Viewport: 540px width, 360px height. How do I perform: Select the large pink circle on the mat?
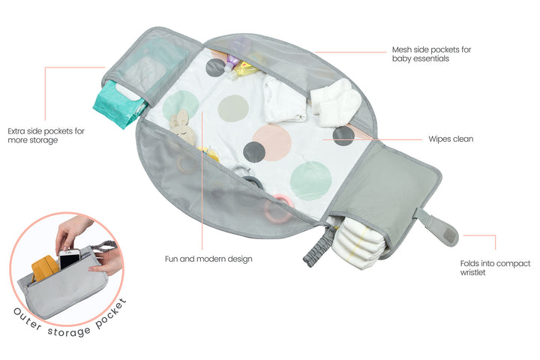tap(271, 141)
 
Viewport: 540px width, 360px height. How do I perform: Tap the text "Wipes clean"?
tap(450, 139)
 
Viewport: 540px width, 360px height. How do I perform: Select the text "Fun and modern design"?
tap(208, 259)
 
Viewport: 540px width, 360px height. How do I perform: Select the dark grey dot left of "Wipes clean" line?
tap(343, 136)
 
